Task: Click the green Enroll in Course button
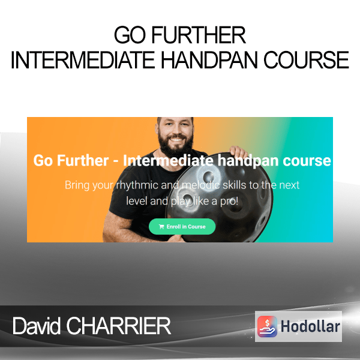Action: pyautogui.click(x=182, y=226)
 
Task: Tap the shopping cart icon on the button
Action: pyautogui.click(x=161, y=227)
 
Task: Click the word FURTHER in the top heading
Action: pyautogui.click(x=199, y=35)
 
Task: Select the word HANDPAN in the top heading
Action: pyautogui.click(x=209, y=59)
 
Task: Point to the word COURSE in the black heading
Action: pyautogui.click(x=306, y=59)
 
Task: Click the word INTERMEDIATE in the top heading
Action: pyautogui.click(x=83, y=59)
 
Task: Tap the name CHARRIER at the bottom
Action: pyautogui.click(x=118, y=326)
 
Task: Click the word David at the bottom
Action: pyautogui.click(x=37, y=326)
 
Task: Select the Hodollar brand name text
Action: pyautogui.click(x=310, y=326)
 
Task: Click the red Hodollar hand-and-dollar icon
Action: pyautogui.click(x=267, y=326)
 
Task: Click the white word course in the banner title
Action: pyautogui.click(x=307, y=161)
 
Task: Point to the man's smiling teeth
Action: pyautogui.click(x=176, y=139)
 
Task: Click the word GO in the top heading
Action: pyautogui.click(x=130, y=35)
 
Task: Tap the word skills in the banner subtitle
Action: pyautogui.click(x=235, y=185)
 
